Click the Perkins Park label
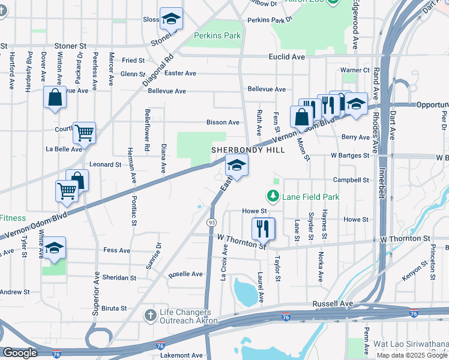pyautogui.click(x=217, y=35)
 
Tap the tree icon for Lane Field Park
pyautogui.click(x=273, y=196)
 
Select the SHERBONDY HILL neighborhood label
pyautogui.click(x=247, y=149)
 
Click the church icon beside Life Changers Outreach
pyautogui.click(x=151, y=315)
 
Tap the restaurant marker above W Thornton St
pyautogui.click(x=263, y=228)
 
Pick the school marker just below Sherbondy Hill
pyautogui.click(x=237, y=166)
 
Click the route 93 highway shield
pyautogui.click(x=211, y=223)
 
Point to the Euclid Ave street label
pyautogui.click(x=287, y=56)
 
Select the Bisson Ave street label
pyautogui.click(x=223, y=122)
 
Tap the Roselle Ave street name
pyautogui.click(x=185, y=274)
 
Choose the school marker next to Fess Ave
pyautogui.click(x=54, y=250)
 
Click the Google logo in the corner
pyautogui.click(x=20, y=353)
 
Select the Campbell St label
pyautogui.click(x=351, y=179)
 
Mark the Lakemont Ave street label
pyautogui.click(x=181, y=355)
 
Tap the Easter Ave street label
pyautogui.click(x=180, y=73)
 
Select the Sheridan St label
pyautogui.click(x=120, y=278)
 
